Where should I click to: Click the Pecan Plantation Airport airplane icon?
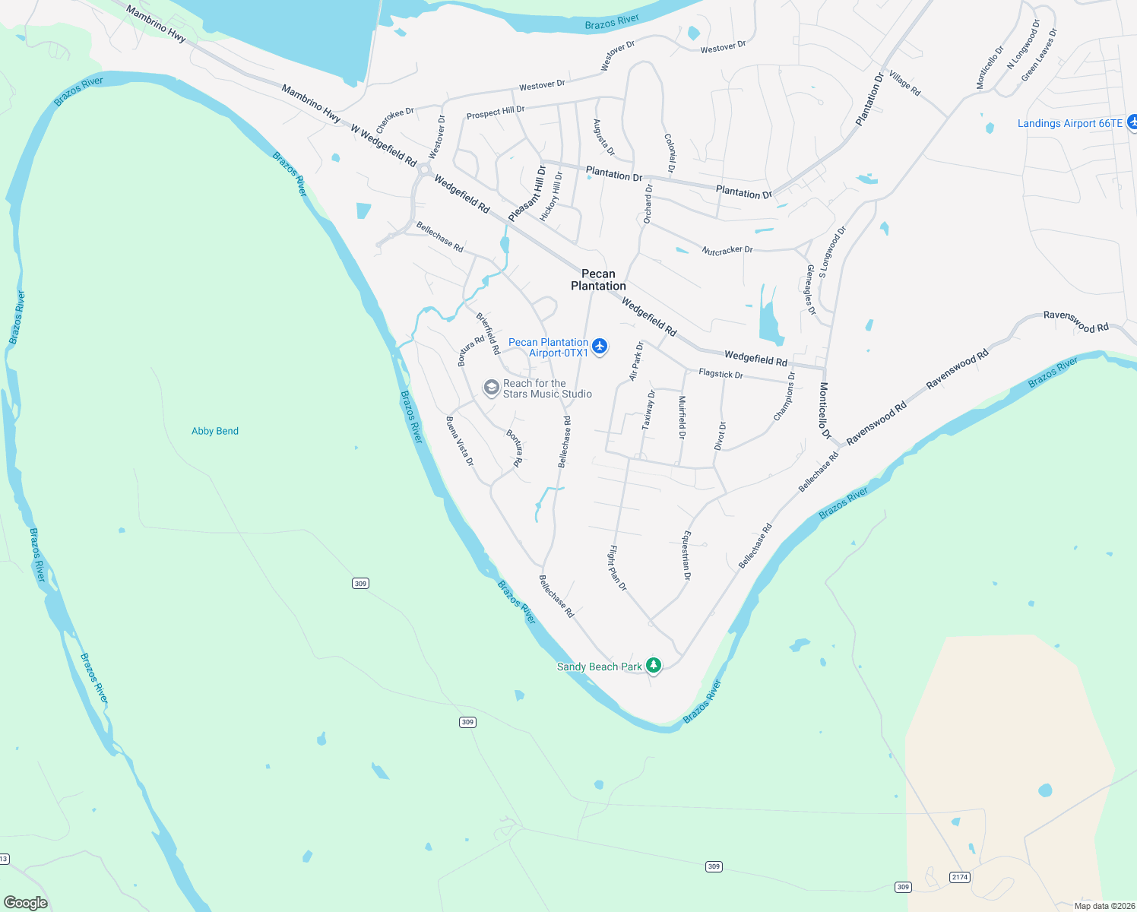(600, 347)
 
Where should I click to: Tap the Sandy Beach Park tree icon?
(653, 666)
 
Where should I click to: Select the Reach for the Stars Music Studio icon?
(491, 388)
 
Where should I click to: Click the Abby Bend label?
(215, 431)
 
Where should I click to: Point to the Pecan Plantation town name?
(598, 280)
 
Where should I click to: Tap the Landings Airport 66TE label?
(1069, 123)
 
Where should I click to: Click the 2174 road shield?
(960, 877)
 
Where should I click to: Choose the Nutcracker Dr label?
(727, 250)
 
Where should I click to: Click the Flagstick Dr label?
(721, 374)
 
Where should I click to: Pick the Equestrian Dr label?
(686, 556)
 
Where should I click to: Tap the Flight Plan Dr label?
(617, 568)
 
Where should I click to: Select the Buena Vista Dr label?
(460, 441)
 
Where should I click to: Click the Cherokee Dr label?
(395, 119)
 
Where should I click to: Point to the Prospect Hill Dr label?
(496, 112)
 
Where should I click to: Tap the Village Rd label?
(904, 84)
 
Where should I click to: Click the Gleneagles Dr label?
(811, 290)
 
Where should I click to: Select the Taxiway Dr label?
(648, 410)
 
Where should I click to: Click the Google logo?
(26, 903)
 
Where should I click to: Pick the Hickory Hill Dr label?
(552, 196)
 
